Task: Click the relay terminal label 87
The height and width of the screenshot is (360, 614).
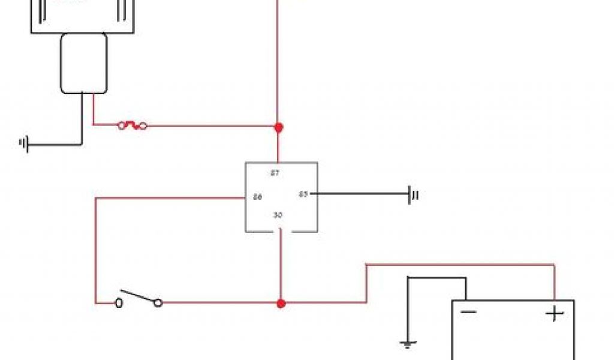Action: point(275,173)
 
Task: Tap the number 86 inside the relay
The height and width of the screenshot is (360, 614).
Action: point(257,197)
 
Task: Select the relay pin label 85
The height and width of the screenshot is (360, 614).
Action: point(303,194)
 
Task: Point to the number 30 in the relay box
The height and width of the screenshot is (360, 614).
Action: point(278,215)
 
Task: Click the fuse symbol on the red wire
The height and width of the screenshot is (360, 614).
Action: point(133,126)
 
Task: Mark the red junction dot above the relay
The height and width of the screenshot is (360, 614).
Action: point(278,127)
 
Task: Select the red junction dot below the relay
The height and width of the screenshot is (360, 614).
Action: point(281,304)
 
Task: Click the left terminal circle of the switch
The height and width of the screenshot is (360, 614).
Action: point(119,304)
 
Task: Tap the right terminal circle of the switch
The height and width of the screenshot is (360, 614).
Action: point(158,304)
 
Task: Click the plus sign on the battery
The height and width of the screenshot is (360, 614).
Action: point(555,313)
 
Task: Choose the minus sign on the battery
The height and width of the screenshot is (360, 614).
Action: point(468,312)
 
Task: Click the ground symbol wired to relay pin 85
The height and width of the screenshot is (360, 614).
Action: point(413,194)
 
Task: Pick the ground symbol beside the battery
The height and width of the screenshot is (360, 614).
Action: point(408,344)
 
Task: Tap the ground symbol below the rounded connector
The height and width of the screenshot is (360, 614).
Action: point(25,144)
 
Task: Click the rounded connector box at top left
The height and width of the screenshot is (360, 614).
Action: point(83,63)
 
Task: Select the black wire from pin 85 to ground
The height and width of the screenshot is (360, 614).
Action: point(360,194)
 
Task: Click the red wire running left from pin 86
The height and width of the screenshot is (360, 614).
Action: point(168,197)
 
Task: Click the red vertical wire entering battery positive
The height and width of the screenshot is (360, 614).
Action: point(555,282)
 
